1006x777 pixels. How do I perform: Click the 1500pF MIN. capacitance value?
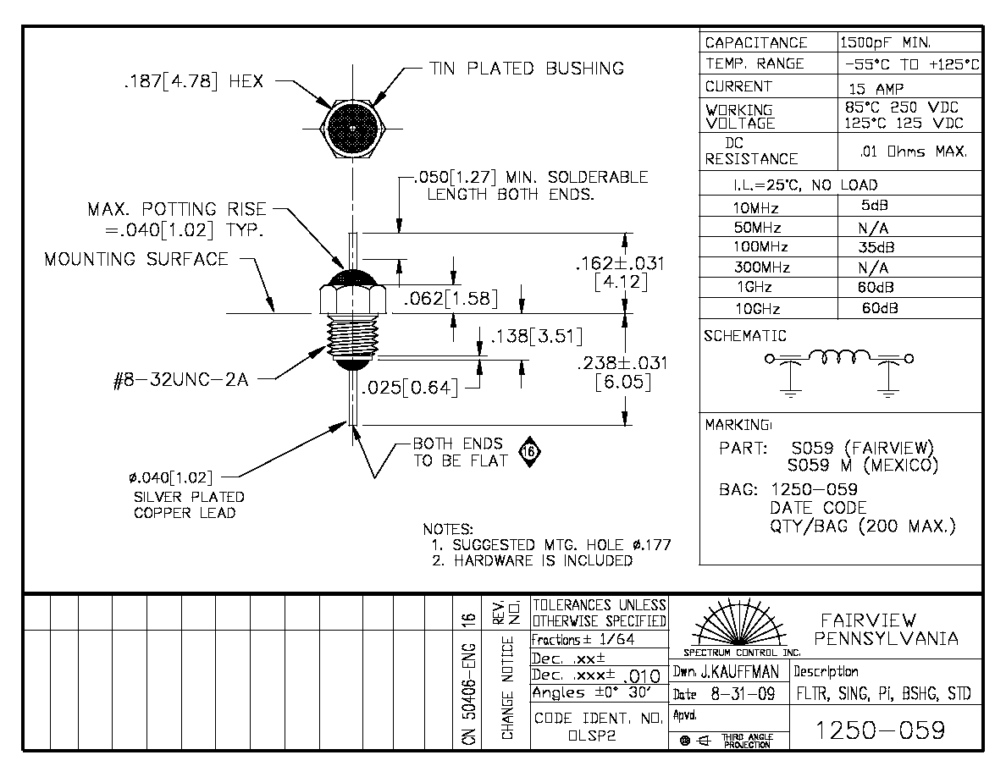click(885, 43)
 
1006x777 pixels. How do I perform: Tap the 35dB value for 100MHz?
click(876, 247)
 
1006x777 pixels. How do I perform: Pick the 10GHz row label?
click(757, 309)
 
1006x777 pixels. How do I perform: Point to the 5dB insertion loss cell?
click(875, 206)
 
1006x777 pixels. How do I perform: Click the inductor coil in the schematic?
click(839, 355)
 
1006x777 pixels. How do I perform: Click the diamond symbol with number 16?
click(529, 452)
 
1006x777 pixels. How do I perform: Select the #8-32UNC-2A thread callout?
click(180, 380)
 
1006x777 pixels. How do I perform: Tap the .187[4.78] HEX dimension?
click(193, 81)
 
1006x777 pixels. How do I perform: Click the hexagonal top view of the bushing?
click(353, 128)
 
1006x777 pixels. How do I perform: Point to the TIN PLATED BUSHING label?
click(526, 69)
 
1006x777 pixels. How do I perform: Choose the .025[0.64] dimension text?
click(410, 388)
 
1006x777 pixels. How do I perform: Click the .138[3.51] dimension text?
click(536, 336)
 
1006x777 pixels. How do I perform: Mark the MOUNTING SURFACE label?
click(136, 259)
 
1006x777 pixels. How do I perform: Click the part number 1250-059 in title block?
click(880, 730)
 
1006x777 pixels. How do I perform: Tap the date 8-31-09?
click(743, 694)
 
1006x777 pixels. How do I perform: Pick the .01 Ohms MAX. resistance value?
click(913, 152)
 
